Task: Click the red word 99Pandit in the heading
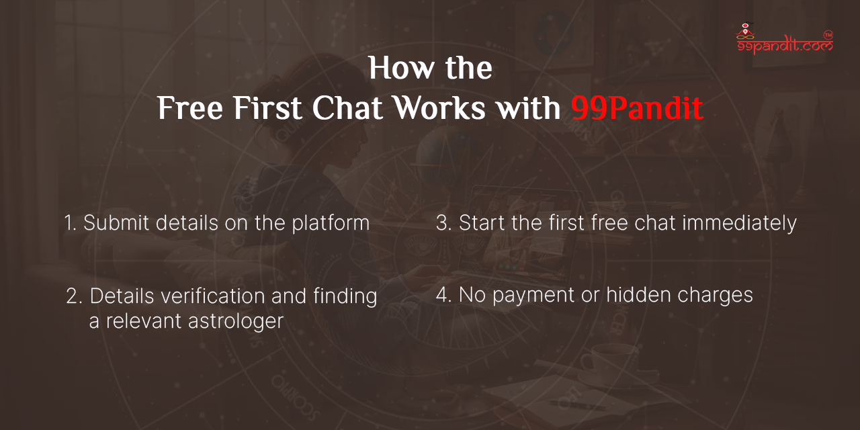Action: click(637, 109)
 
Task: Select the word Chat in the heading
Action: click(347, 109)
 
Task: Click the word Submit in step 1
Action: click(116, 223)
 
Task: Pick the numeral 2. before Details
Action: click(74, 296)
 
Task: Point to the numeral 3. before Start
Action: click(443, 223)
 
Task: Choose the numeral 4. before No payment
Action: click(443, 295)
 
